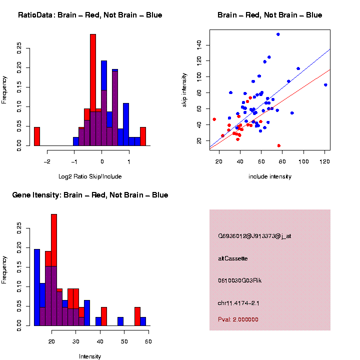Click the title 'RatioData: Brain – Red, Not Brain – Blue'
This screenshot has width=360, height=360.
(x=90, y=15)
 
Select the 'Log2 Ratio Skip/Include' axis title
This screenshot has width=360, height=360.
(x=90, y=176)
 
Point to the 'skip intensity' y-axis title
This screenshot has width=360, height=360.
(x=184, y=88)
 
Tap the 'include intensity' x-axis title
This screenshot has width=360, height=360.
(x=270, y=176)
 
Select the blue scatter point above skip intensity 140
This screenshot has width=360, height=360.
(x=278, y=34)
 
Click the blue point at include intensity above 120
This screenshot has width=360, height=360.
(x=325, y=85)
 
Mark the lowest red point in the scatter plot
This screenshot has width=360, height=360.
(x=279, y=145)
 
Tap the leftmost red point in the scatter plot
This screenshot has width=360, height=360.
(x=214, y=119)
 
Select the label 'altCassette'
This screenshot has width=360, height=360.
(x=233, y=258)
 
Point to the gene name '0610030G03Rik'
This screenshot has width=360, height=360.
(x=240, y=280)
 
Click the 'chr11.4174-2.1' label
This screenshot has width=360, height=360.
(x=239, y=303)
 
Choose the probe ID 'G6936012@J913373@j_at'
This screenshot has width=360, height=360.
(x=254, y=236)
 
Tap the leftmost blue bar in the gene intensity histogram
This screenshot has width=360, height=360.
(x=37, y=287)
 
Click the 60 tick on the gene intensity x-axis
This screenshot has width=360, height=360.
(x=148, y=341)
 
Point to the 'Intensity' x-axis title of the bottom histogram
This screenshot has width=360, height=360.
(x=90, y=356)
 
